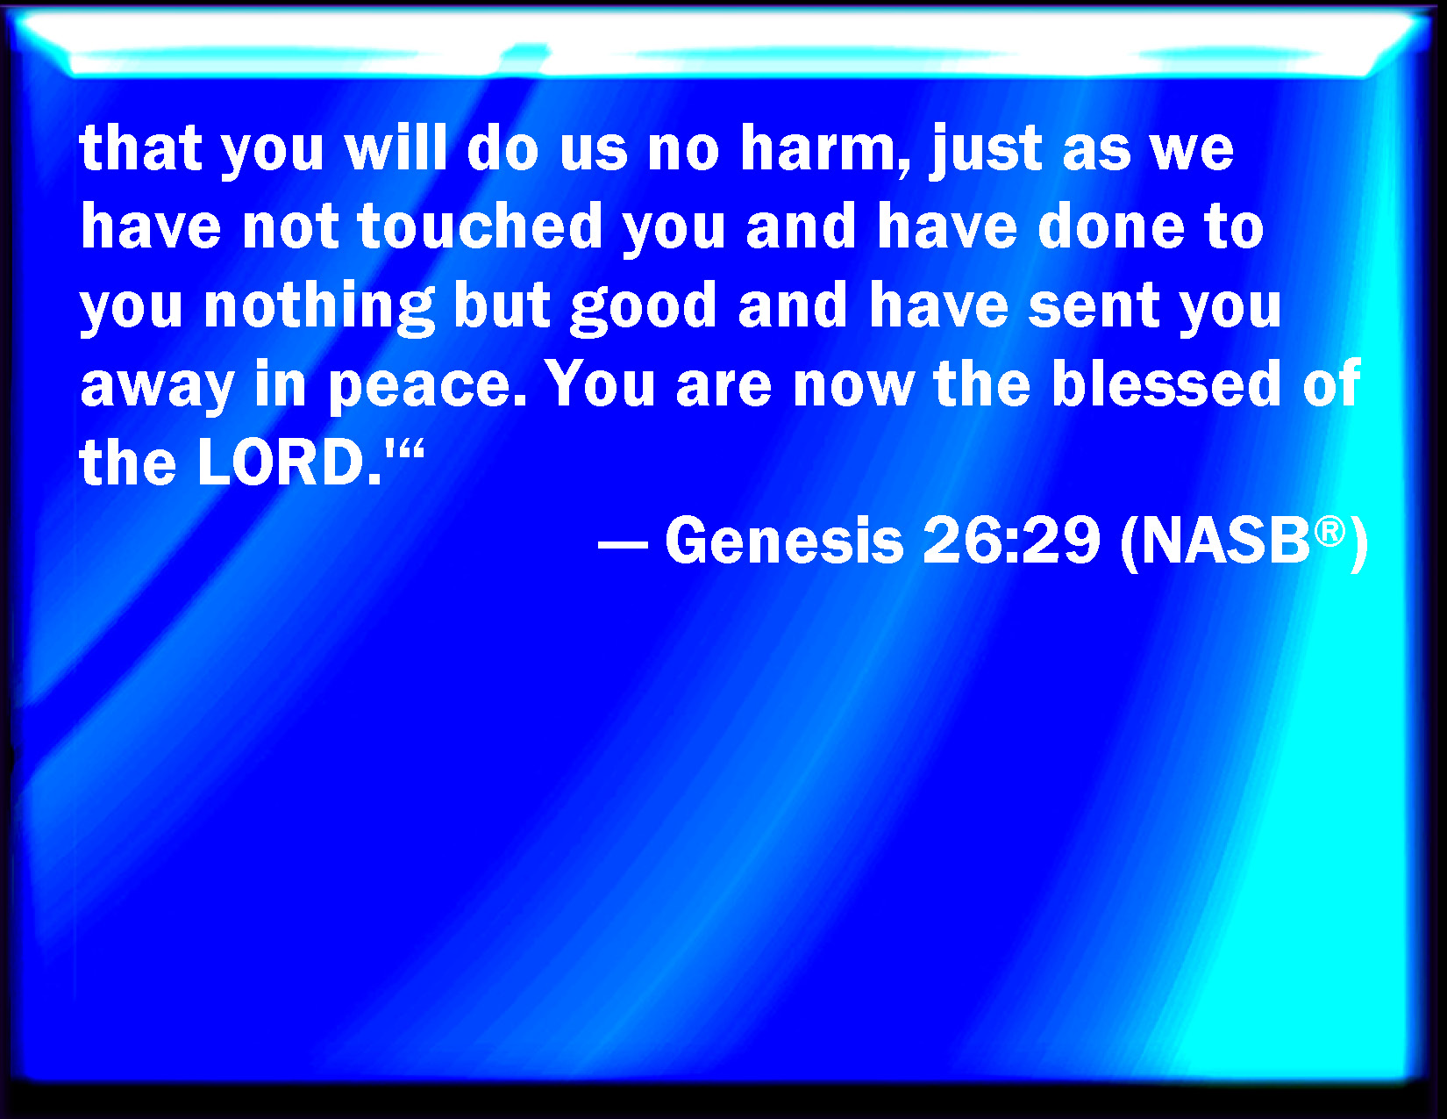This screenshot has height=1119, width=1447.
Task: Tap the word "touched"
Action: coord(480,226)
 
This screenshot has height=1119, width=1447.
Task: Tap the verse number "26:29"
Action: coord(1011,541)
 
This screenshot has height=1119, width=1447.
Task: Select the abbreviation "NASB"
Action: coord(1225,541)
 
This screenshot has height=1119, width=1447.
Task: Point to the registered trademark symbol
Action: coord(1329,531)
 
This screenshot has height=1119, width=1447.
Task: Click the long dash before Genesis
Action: coord(623,544)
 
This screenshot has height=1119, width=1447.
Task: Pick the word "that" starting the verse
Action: coord(140,147)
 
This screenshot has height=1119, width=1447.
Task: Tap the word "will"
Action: coord(396,147)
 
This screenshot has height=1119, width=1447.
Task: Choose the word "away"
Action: coord(157,389)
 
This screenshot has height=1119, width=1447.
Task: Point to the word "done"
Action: coord(1111,226)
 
